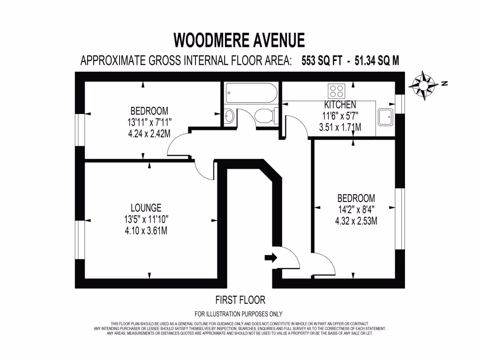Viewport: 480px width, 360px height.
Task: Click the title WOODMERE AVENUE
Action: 239,40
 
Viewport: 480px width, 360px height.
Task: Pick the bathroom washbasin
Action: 230,116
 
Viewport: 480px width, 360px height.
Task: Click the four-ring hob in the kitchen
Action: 336,90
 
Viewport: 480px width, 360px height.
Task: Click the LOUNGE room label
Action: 146,207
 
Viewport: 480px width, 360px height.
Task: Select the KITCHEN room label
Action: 340,105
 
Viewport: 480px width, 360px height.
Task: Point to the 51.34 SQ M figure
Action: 373,61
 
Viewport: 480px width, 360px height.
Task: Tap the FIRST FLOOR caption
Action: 240,300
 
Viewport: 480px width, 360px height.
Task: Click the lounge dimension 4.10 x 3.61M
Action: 146,231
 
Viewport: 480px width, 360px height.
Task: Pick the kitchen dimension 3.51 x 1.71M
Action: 340,127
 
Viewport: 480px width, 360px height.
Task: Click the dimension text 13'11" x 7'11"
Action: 149,123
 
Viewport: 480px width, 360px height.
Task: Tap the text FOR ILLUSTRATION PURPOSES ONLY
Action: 238,314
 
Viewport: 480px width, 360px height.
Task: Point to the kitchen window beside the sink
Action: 399,104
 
